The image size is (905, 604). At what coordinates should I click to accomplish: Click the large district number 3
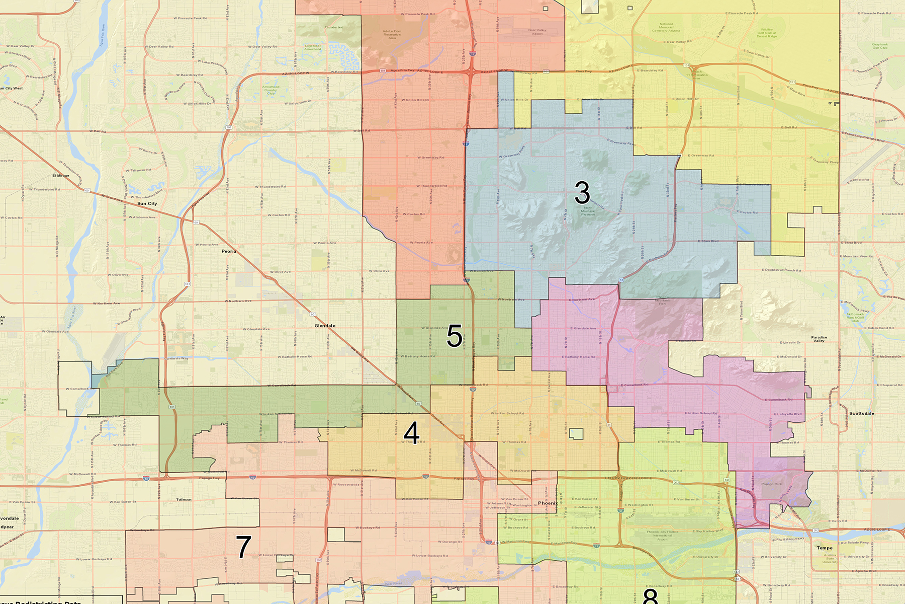[582, 193]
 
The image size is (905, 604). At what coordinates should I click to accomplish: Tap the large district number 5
[455, 336]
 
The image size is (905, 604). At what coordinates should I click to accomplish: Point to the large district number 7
[243, 547]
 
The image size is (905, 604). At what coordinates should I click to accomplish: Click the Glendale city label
[325, 326]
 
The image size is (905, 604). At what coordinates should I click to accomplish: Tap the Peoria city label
[229, 251]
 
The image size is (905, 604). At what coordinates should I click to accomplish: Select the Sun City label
[147, 204]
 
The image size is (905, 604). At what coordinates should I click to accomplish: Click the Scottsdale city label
[861, 413]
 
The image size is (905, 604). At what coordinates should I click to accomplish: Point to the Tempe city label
[825, 548]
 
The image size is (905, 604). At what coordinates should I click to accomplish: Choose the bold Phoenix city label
[547, 503]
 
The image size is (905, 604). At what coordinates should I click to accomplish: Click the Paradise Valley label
[819, 339]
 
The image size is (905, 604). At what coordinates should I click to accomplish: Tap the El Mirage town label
[61, 176]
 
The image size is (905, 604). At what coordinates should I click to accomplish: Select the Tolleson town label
[184, 499]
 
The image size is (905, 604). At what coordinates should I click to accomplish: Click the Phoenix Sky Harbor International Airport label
[662, 535]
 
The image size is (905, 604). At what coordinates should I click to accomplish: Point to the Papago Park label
[771, 484]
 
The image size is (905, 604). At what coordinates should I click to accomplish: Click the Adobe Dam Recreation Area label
[392, 34]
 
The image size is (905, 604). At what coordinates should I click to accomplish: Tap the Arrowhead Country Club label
[270, 90]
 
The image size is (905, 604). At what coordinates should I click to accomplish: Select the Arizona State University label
[830, 558]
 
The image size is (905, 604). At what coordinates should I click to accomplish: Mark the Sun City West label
[11, 88]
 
